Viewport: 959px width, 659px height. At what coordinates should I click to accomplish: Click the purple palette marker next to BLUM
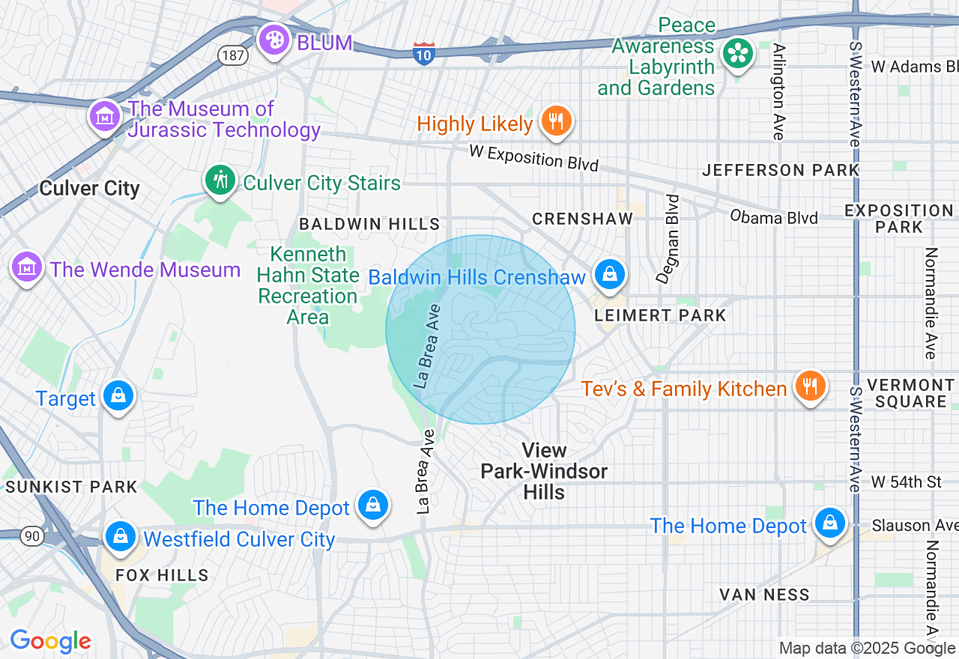274,40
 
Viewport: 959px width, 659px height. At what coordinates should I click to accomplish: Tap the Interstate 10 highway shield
424,53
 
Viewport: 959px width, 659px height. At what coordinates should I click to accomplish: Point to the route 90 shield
31,535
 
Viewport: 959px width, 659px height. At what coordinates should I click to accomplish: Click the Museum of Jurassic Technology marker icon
105,116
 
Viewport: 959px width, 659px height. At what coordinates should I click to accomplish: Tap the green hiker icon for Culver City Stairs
220,180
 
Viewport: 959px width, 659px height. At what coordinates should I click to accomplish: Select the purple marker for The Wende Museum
27,266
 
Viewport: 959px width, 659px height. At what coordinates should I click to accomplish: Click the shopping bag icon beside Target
118,395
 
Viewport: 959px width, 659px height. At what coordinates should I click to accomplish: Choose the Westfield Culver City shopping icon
120,536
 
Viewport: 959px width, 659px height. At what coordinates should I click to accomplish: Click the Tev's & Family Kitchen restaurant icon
810,386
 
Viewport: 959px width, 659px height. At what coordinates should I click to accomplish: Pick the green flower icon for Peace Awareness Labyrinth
738,53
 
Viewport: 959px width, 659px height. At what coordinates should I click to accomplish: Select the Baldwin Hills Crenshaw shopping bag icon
611,274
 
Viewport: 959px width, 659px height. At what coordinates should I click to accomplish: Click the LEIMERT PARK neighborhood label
660,315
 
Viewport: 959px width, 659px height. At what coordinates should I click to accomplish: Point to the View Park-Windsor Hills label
544,471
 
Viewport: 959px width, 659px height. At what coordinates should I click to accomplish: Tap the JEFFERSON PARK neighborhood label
781,170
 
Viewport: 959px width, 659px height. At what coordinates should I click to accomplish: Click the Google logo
50,641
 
